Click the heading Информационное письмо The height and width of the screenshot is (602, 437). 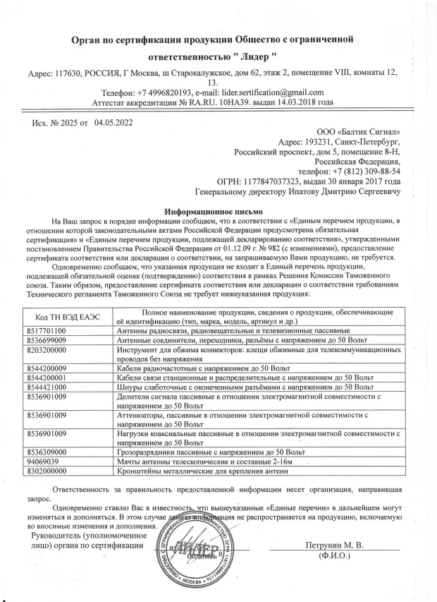(213, 211)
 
